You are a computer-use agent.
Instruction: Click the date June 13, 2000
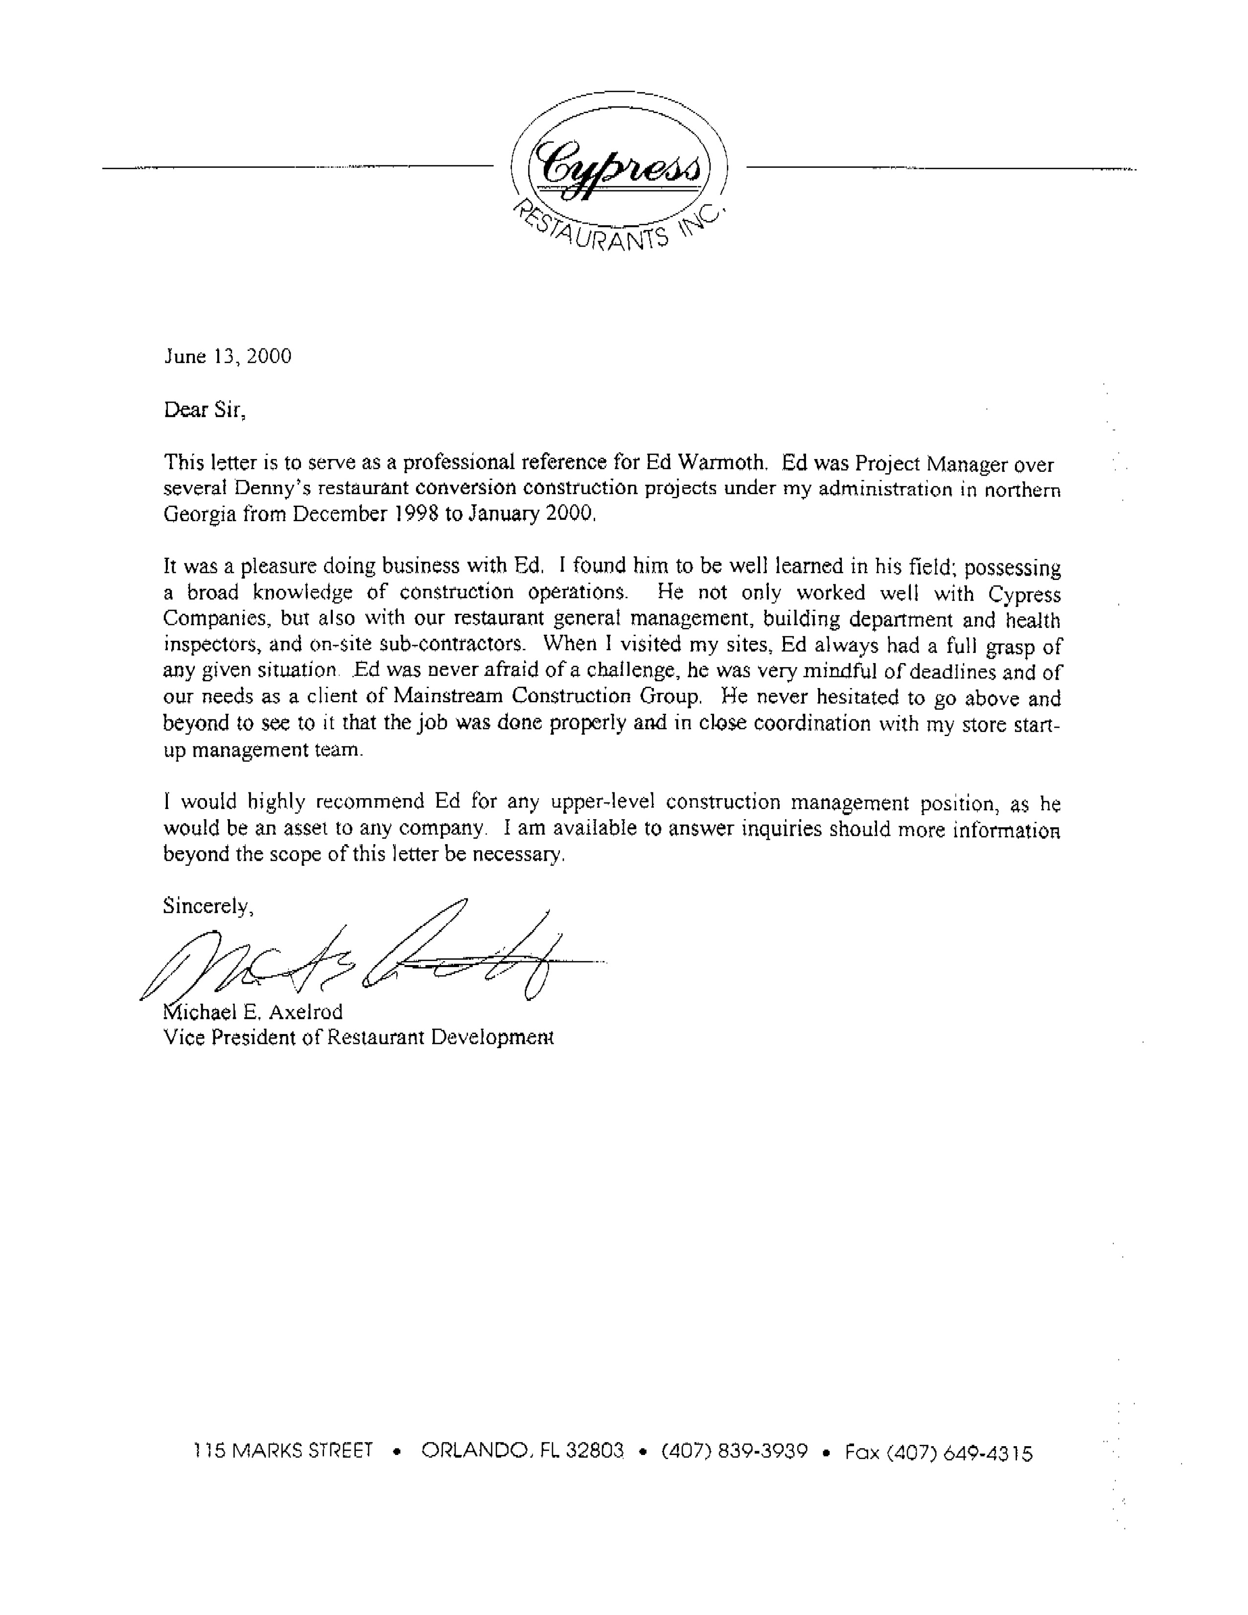click(228, 356)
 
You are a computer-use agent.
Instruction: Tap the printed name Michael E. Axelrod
click(253, 1012)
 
